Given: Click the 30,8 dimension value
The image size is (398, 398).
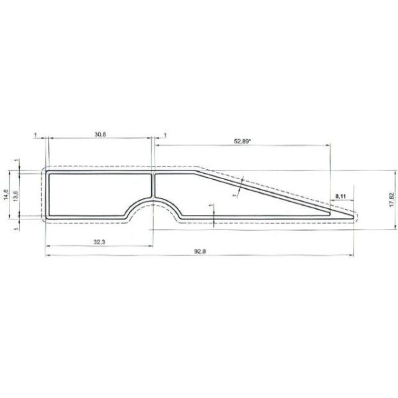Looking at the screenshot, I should pos(100,135).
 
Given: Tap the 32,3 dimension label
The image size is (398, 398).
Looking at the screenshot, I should pos(100,243).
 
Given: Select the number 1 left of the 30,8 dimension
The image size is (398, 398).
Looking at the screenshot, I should pos(34,135).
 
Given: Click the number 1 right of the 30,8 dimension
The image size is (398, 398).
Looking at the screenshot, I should pos(165,135).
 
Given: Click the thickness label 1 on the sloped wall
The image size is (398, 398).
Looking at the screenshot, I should pos(235,195).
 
